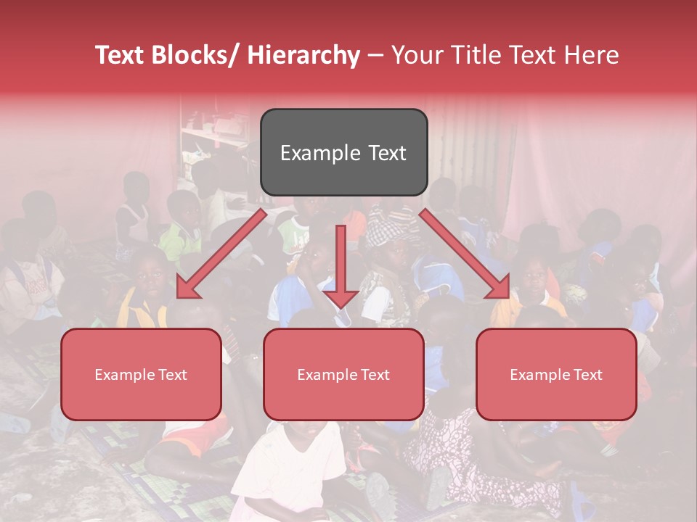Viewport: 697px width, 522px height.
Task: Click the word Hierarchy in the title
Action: pyautogui.click(x=303, y=56)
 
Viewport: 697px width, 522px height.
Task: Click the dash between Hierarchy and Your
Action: pyautogui.click(x=375, y=56)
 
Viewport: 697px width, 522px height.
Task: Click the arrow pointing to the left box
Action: pyautogui.click(x=221, y=254)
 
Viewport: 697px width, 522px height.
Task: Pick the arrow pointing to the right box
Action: pyautogui.click(x=465, y=254)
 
